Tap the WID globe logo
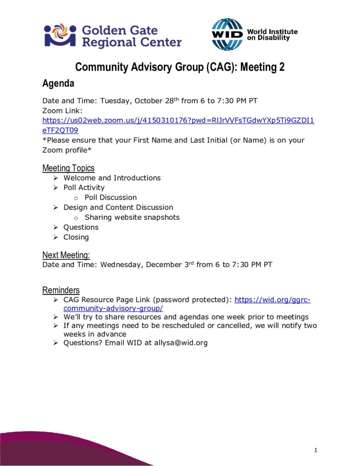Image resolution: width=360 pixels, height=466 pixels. (228, 35)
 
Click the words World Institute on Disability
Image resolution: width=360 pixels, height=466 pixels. (272, 35)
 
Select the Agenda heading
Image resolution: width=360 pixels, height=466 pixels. (58, 83)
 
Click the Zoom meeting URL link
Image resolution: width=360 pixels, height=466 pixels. (178, 121)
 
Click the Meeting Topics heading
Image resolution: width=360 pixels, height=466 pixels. (68, 168)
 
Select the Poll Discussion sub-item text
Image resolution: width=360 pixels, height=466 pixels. (111, 198)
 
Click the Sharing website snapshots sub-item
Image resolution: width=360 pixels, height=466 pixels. (132, 217)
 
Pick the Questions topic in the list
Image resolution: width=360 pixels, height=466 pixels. (81, 227)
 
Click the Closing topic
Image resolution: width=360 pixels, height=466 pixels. (76, 237)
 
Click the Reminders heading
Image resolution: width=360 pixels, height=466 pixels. (61, 290)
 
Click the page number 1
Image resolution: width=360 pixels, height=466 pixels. (315, 451)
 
